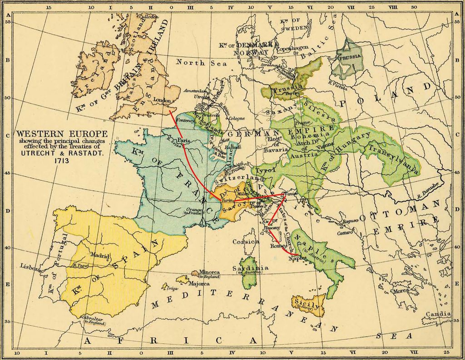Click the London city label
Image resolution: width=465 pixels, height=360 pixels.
tap(162, 100)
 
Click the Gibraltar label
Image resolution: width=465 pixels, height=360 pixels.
tap(94, 318)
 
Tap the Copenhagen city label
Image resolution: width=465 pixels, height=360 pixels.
tap(293, 48)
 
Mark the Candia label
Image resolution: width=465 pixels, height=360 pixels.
tap(438, 314)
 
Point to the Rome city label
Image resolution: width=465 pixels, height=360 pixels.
tap(276, 246)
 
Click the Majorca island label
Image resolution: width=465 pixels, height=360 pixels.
tap(199, 283)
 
